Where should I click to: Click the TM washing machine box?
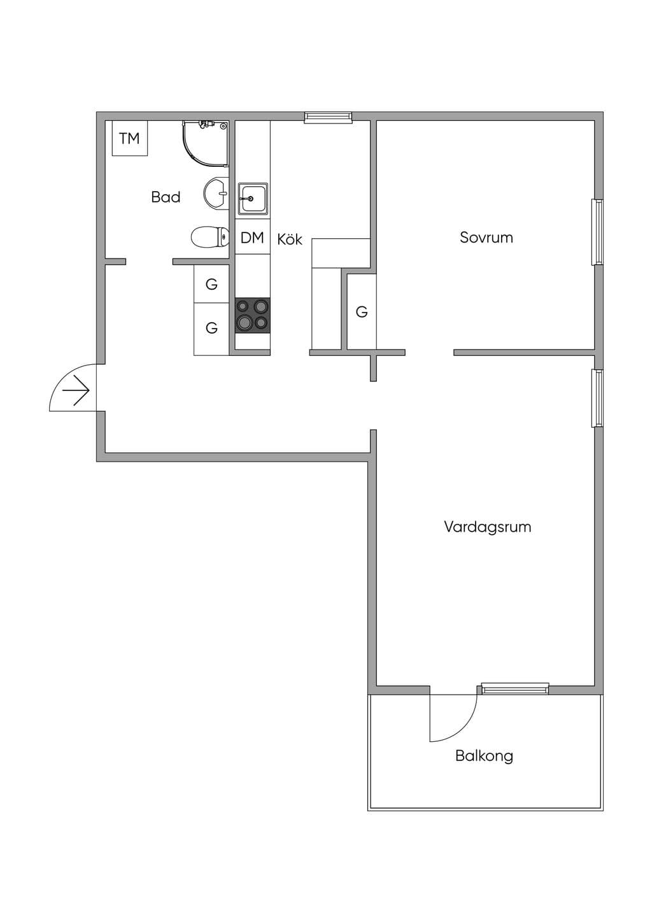coord(130,138)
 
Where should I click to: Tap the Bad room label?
coord(166,197)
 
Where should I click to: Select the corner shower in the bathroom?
coord(206,143)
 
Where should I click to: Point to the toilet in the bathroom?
coord(210,237)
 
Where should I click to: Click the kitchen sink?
coord(253,199)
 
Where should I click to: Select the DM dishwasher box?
coord(252,237)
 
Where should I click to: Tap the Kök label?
coord(290,239)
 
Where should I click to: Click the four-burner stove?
coord(253,315)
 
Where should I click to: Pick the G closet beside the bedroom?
coord(362,312)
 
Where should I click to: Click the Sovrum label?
coord(486,238)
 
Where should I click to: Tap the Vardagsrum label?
coord(488,527)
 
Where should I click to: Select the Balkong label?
coord(484,756)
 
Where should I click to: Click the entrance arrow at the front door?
coord(76,390)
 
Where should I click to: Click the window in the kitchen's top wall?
coord(329,117)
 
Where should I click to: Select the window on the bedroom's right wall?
coord(597,232)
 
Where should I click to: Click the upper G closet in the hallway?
coord(211,284)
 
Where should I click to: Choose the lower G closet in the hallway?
coord(211,329)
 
